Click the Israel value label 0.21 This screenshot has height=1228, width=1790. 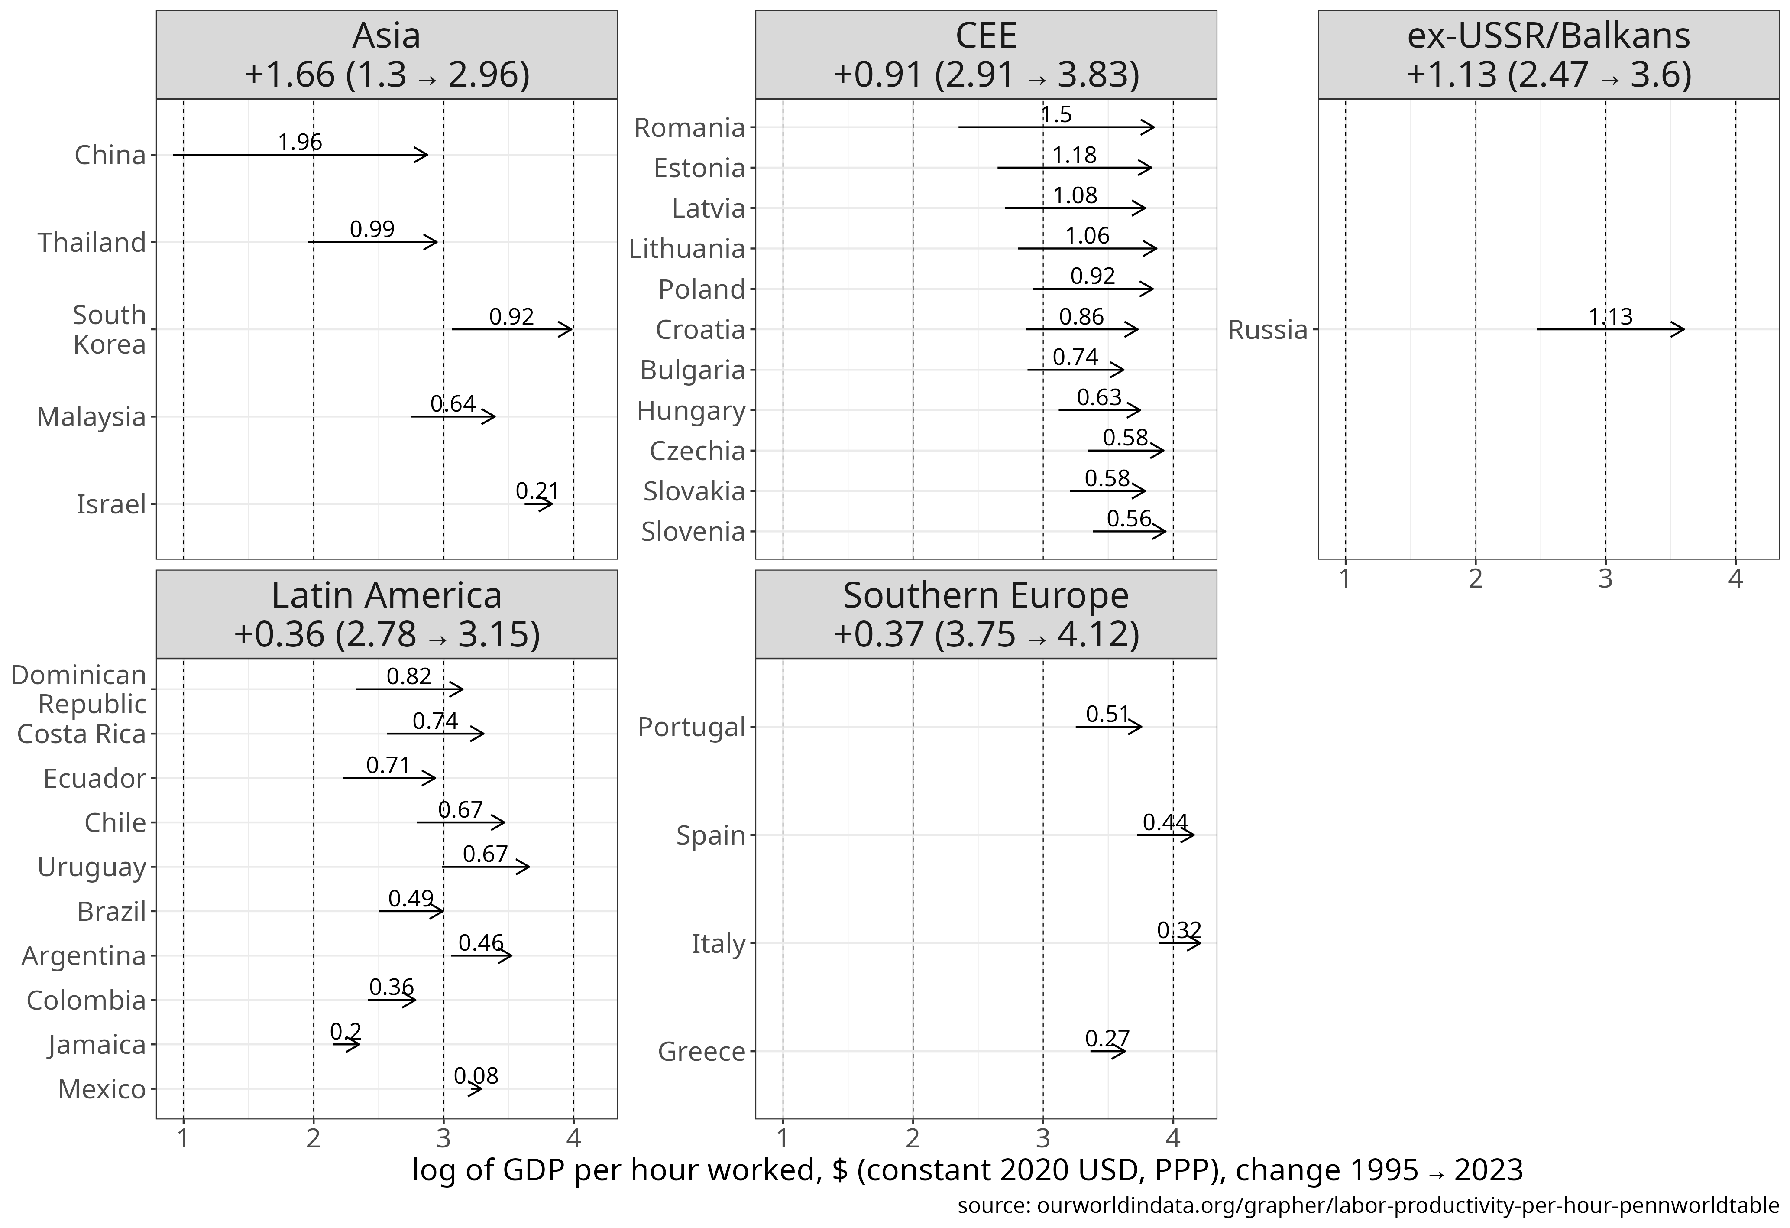537,491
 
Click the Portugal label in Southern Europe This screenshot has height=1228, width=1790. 691,727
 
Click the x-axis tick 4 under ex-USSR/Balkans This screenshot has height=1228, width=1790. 1735,578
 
